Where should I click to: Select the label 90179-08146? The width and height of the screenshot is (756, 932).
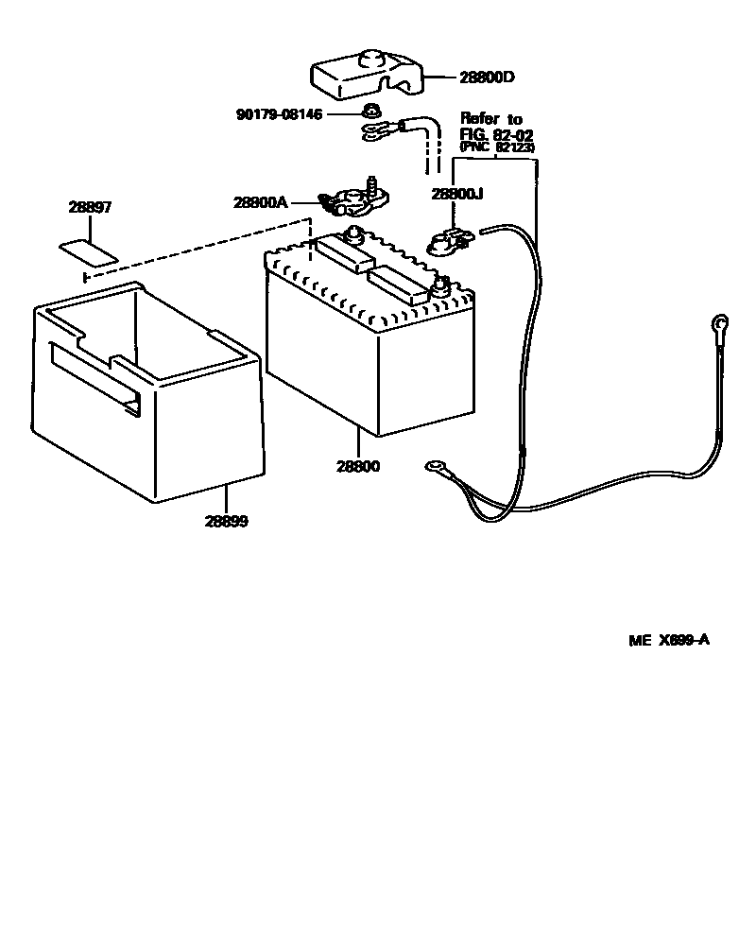pos(279,115)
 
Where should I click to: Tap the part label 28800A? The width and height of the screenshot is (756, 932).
pos(261,201)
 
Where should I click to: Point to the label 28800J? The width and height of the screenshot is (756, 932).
pos(457,194)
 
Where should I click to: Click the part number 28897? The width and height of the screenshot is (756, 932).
pos(90,207)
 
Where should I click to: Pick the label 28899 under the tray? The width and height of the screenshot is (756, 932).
pos(226,521)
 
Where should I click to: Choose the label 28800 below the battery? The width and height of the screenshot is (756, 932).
pos(358,467)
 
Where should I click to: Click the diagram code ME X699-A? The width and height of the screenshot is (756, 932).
pos(668,640)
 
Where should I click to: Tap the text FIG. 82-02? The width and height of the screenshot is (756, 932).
pos(496,135)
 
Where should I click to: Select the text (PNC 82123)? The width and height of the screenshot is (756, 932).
pos(496,148)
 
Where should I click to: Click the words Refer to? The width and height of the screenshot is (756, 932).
pos(491,119)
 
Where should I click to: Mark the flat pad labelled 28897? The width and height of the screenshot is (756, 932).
pos(89,250)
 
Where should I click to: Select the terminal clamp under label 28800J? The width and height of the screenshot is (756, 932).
pos(448,244)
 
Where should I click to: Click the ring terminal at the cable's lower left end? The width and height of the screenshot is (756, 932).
pos(438,465)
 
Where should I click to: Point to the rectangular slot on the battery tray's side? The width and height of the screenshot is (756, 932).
pos(94,377)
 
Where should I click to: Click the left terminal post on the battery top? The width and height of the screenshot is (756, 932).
pos(355,233)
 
